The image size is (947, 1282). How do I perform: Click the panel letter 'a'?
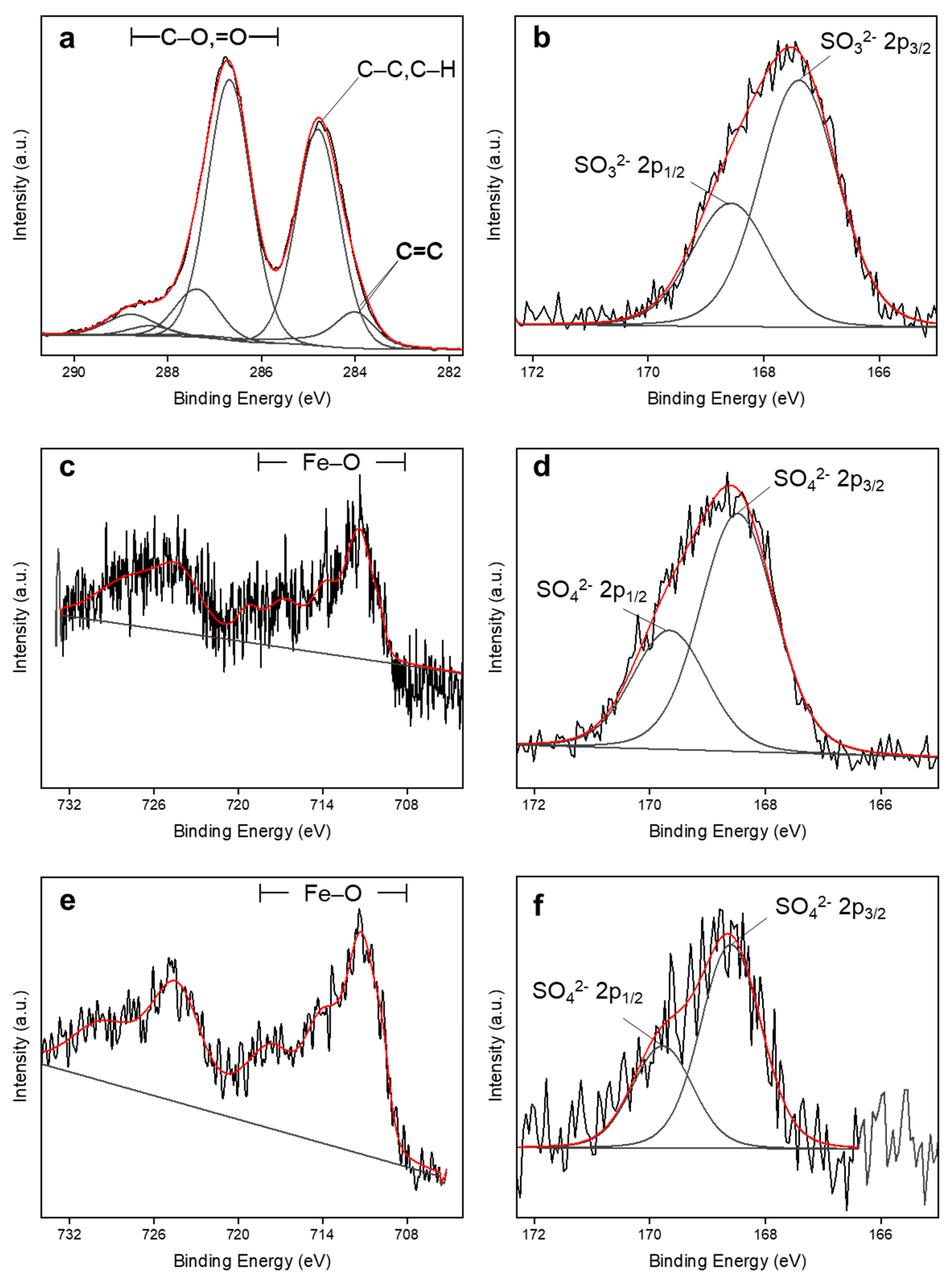67,40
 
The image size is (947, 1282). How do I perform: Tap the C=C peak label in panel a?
419,251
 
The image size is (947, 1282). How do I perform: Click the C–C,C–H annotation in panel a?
406,70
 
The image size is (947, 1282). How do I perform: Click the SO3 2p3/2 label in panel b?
875,43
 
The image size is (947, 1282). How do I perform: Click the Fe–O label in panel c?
331,462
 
